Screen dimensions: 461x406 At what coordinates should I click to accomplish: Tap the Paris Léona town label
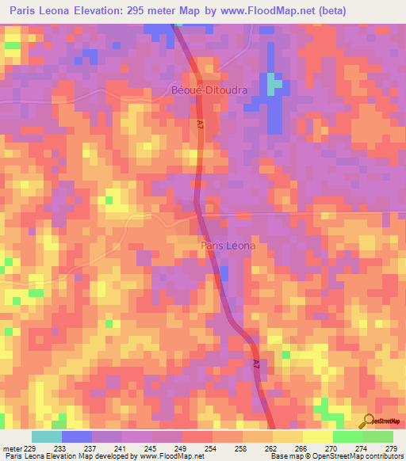(228, 246)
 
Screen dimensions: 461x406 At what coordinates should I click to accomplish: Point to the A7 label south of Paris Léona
(257, 364)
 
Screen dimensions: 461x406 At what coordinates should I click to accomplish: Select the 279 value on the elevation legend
(392, 448)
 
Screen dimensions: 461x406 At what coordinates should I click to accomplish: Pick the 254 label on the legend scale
(212, 448)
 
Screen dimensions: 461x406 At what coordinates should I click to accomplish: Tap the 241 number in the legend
(121, 448)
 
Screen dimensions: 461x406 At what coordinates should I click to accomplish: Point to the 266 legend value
(301, 448)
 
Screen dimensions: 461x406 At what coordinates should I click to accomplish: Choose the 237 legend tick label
(91, 448)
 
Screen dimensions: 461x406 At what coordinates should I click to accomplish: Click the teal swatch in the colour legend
(47, 436)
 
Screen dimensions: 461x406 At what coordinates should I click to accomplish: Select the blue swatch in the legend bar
(77, 436)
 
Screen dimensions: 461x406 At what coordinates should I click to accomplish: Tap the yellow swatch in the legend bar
(317, 436)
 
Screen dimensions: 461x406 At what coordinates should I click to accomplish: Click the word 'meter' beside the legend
(13, 448)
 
